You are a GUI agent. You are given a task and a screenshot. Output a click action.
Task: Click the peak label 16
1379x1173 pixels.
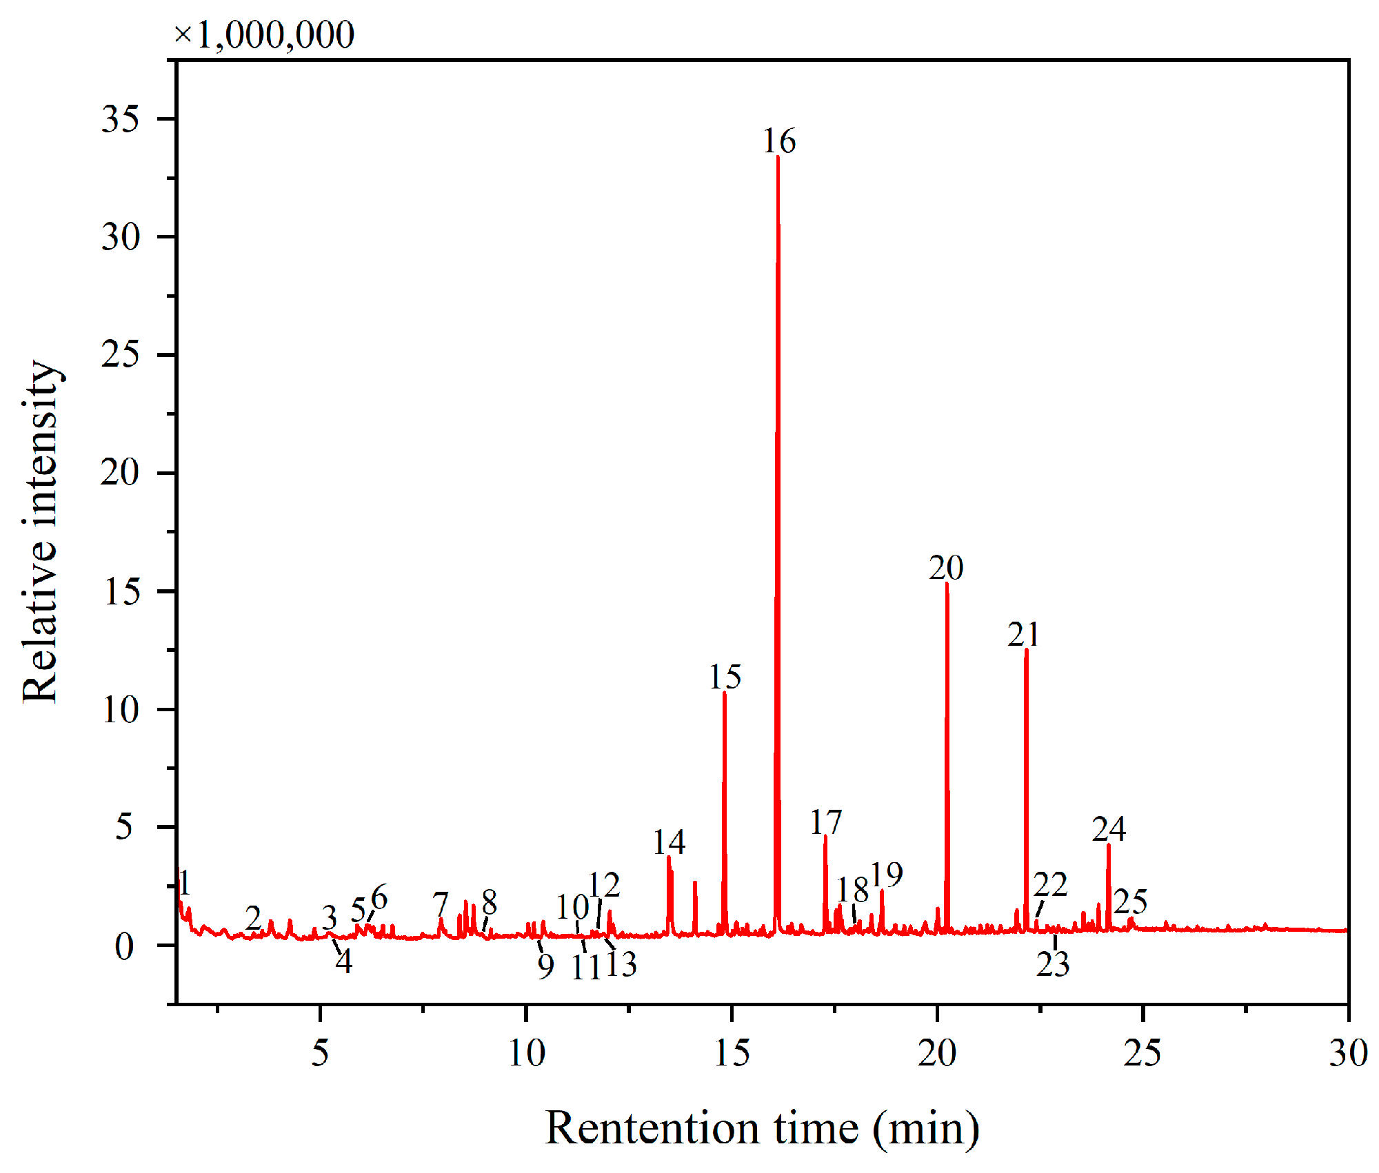779,141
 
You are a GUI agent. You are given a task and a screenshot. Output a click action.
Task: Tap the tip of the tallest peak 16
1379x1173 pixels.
778,157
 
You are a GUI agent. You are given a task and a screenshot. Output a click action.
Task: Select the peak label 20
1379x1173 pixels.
946,568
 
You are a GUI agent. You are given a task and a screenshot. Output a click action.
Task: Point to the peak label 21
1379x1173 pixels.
1023,634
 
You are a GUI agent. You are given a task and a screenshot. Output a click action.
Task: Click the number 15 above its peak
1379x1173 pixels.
725,677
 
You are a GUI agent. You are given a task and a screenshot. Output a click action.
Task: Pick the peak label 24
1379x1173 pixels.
1109,828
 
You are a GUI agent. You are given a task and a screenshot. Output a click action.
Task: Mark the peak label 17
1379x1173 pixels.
826,822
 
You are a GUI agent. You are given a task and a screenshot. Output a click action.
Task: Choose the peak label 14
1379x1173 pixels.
669,842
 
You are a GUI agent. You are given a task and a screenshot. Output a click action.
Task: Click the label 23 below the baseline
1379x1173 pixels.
1053,963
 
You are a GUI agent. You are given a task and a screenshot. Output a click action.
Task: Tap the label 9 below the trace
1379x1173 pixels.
546,966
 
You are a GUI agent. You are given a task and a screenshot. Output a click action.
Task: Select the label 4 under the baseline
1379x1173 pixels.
344,961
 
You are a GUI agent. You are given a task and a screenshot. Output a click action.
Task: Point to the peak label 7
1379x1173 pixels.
441,903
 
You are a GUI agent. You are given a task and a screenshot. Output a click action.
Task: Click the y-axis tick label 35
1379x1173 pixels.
120,119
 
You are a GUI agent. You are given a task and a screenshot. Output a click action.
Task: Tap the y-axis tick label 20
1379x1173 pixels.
120,473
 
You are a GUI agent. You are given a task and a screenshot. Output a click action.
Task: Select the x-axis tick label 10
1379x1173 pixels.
526,1053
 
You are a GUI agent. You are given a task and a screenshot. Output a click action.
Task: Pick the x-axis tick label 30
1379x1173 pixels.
1348,1053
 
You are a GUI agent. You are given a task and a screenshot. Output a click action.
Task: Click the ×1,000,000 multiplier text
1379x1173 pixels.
264,34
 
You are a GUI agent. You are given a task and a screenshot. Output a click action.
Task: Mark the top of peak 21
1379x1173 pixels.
1026,650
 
